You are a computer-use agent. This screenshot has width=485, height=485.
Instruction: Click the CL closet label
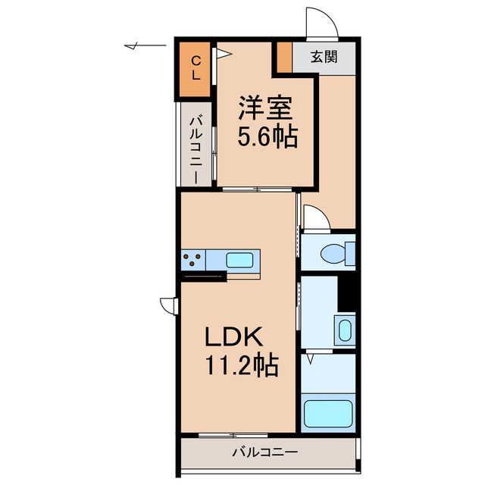tap(196, 67)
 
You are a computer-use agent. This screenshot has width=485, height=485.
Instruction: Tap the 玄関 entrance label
tap(324, 56)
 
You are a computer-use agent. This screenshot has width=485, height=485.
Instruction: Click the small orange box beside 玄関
tap(283, 58)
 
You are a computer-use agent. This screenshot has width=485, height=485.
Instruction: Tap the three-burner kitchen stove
tap(193, 260)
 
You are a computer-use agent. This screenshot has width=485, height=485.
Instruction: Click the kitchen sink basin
tap(241, 260)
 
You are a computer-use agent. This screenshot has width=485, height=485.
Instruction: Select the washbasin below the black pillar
tap(344, 331)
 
